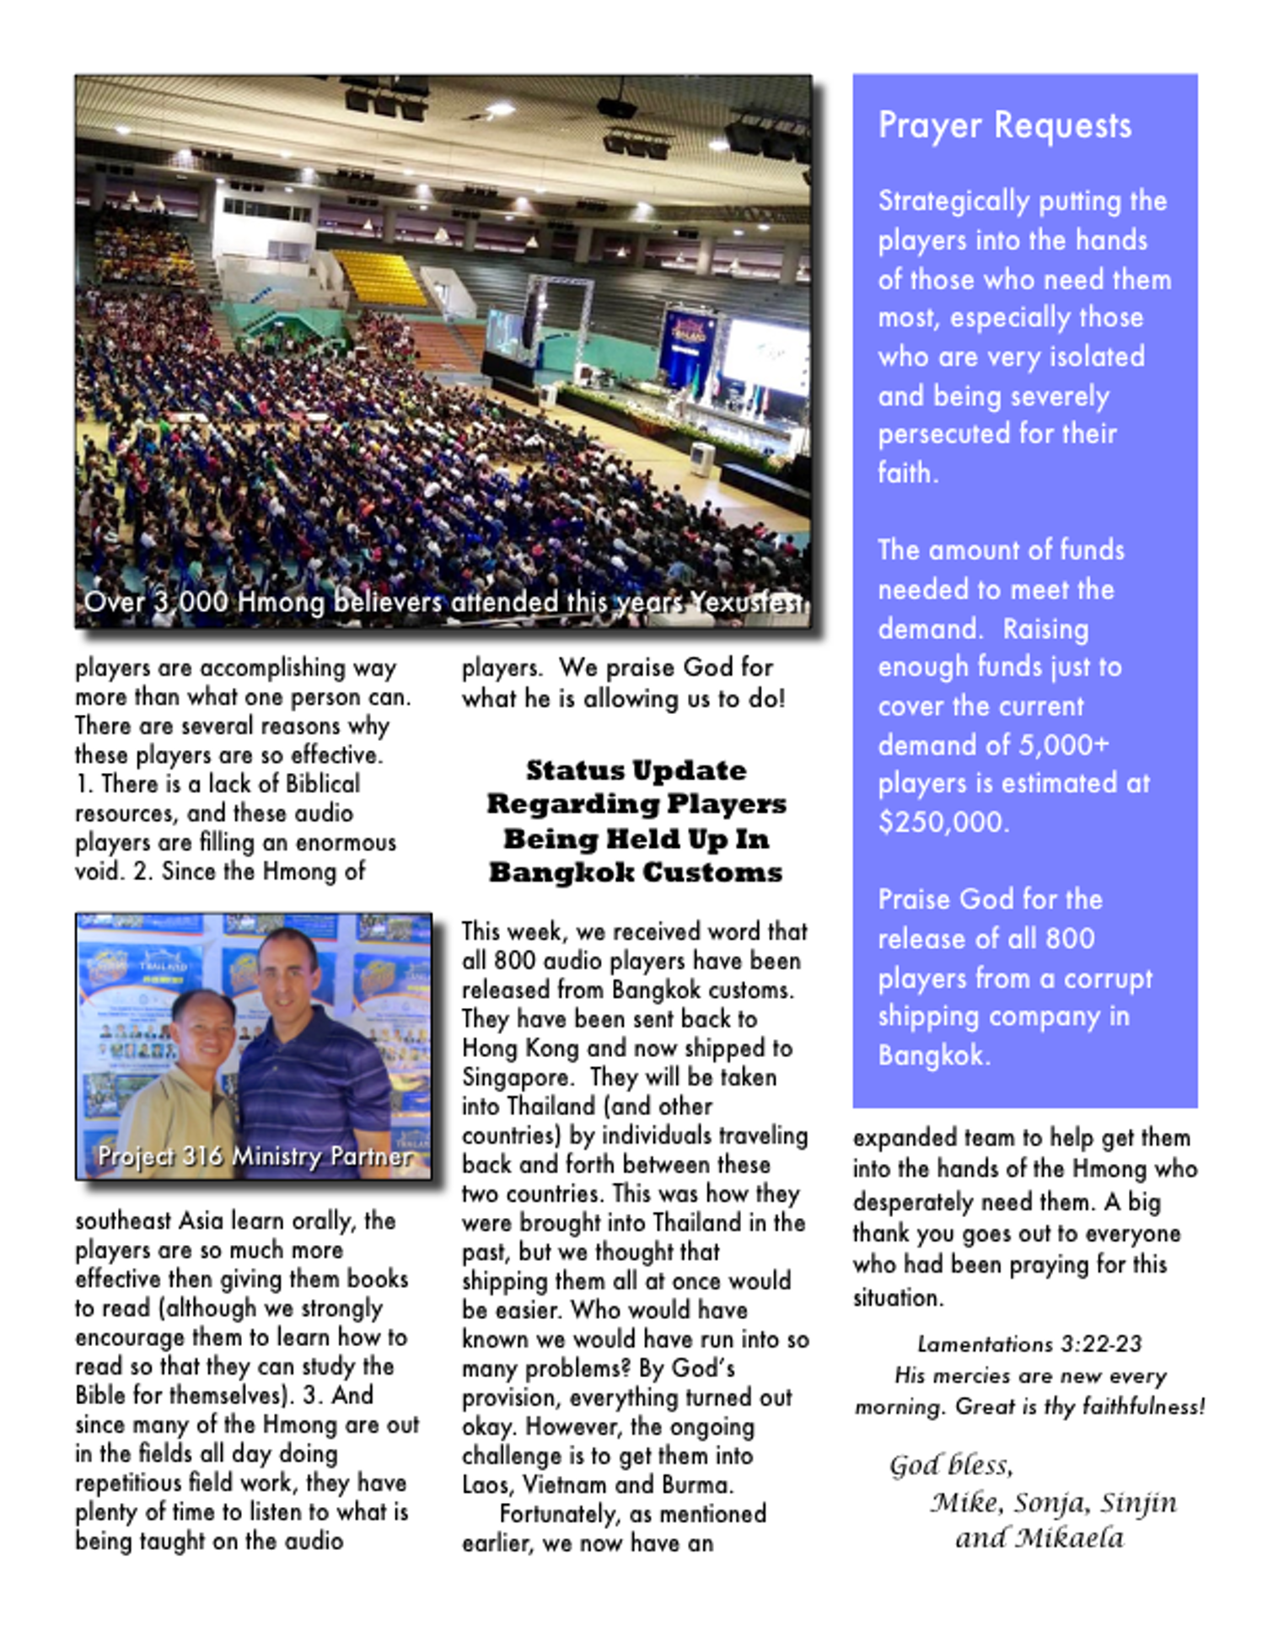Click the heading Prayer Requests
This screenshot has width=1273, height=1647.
tap(1004, 126)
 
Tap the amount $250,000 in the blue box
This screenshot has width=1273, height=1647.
tap(943, 822)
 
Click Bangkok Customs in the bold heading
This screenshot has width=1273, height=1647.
tap(636, 872)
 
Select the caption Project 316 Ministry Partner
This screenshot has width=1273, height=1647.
tap(255, 1156)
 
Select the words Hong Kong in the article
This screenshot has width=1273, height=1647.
tap(520, 1049)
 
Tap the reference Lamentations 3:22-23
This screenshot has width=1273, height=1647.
tap(1029, 1344)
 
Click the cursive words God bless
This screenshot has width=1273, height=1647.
tap(950, 1466)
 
